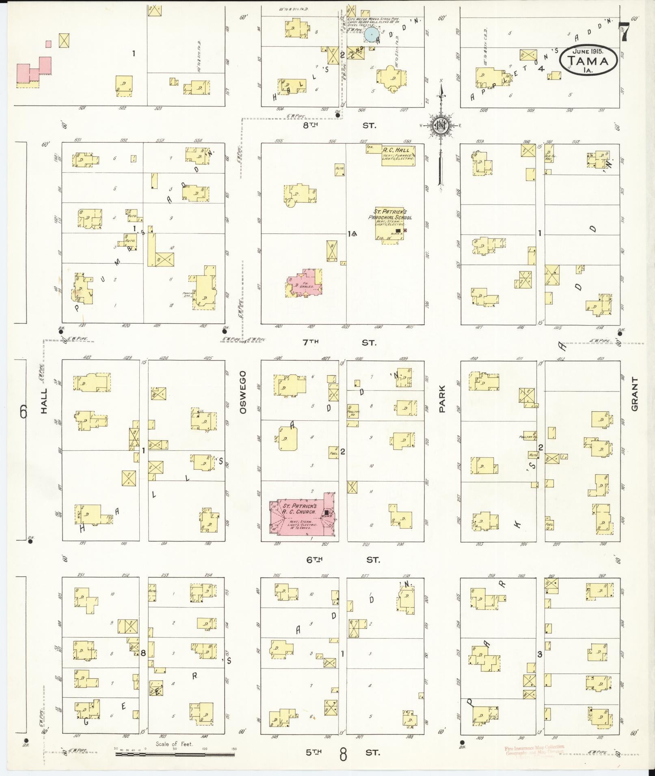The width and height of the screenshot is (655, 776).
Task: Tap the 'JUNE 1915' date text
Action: click(x=588, y=52)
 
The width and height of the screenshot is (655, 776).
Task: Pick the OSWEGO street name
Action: click(x=243, y=392)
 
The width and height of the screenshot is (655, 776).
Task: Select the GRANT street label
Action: click(x=635, y=394)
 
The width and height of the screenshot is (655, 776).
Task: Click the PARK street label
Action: click(x=442, y=399)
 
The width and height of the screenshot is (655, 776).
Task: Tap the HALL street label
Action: click(x=44, y=401)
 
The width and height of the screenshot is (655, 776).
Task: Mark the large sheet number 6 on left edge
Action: click(x=24, y=413)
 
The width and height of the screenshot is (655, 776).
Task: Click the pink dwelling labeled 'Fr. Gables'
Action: click(x=305, y=283)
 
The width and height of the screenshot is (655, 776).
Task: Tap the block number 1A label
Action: click(x=352, y=234)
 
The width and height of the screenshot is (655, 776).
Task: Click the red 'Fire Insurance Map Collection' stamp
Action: click(x=534, y=750)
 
